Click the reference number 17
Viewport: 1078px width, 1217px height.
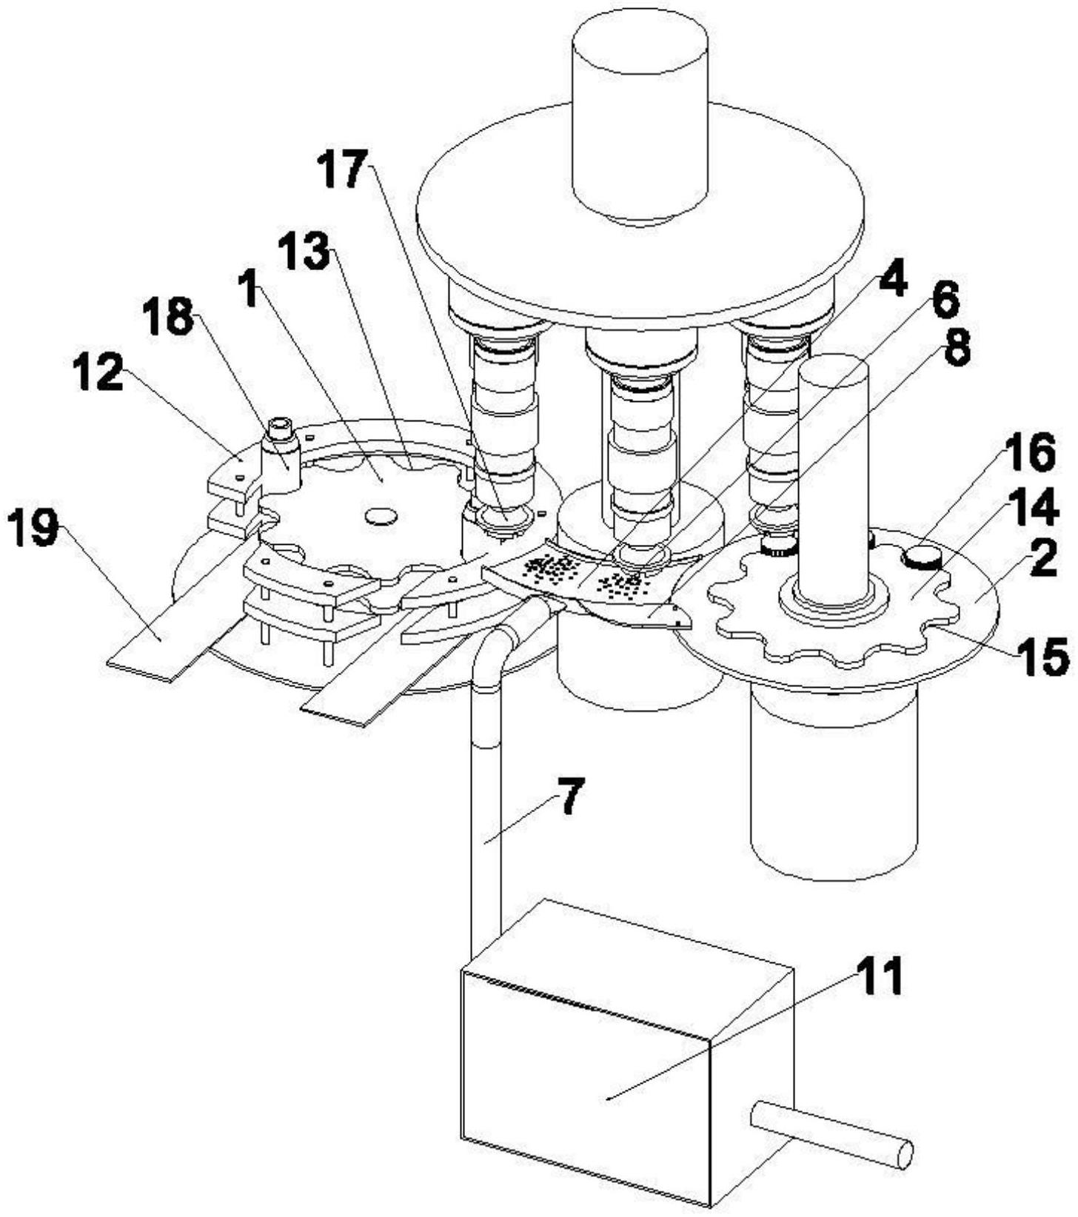(x=342, y=169)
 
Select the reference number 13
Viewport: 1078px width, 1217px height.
(x=303, y=252)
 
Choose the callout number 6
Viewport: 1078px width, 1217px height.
(x=944, y=300)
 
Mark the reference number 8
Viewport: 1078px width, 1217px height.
(x=955, y=347)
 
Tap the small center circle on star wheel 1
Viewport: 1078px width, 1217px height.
(x=381, y=516)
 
